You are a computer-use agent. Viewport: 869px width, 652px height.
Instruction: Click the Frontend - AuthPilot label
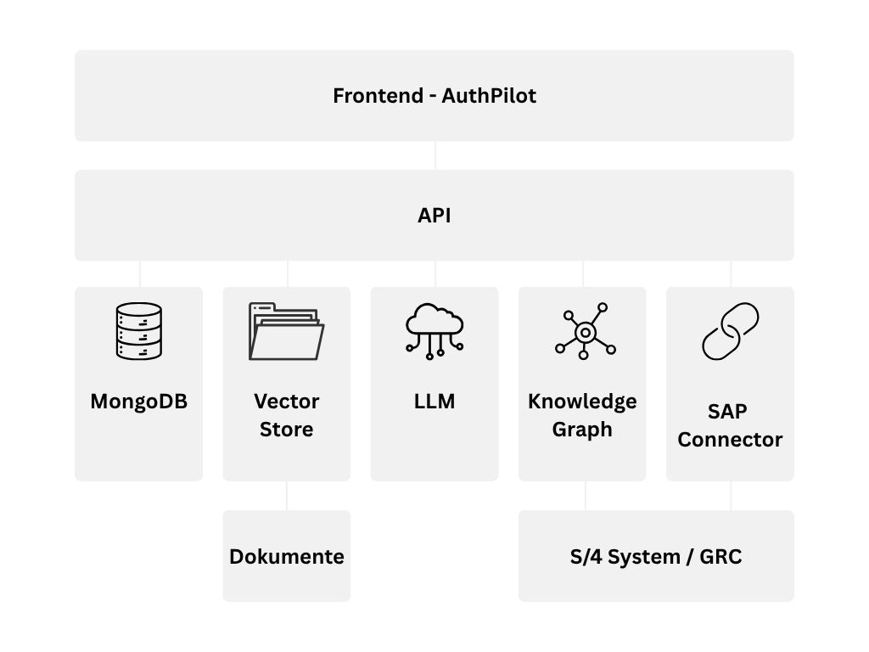[x=434, y=96]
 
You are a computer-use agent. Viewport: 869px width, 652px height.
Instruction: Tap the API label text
[x=434, y=216]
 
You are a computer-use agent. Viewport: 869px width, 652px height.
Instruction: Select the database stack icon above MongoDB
[x=138, y=332]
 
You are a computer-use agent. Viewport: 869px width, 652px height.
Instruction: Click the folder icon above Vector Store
[x=286, y=331]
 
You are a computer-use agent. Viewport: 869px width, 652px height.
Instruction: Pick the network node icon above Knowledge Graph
[x=585, y=330]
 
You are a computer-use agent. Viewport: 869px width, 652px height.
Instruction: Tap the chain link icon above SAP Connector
[x=730, y=332]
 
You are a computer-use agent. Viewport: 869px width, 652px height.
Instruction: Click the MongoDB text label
[x=138, y=402]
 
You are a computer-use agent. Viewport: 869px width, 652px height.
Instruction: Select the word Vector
[x=287, y=401]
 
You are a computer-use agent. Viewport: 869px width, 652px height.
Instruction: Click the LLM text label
[x=434, y=402]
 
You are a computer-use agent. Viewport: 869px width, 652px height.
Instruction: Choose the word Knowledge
[x=582, y=401]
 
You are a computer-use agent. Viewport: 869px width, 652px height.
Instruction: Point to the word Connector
[x=730, y=440]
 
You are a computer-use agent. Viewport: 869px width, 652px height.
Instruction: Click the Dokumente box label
[x=287, y=557]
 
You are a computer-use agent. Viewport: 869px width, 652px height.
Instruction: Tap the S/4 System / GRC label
[x=656, y=557]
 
